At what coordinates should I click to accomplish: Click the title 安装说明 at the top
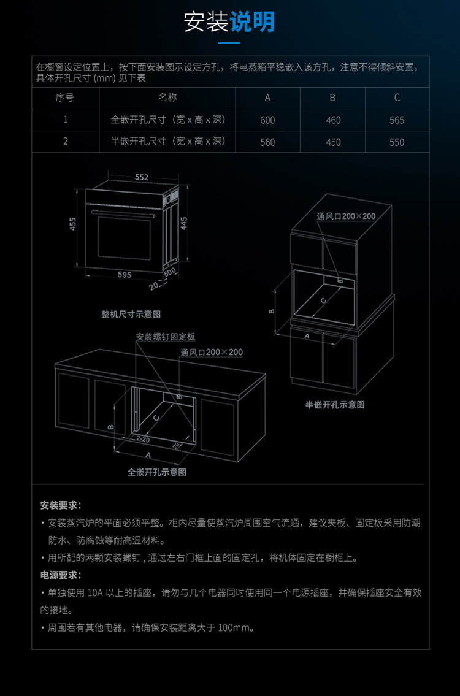[229, 22]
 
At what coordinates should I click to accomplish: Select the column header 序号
[65, 98]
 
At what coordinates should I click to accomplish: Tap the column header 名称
[167, 98]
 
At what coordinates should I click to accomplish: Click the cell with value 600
[267, 120]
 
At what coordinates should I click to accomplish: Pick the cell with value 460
[333, 120]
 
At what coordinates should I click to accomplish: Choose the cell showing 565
[397, 120]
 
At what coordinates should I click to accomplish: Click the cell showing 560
[267, 142]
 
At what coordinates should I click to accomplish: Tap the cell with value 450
[333, 142]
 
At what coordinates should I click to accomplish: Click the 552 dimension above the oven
[142, 177]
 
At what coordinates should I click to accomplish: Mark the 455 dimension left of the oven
[73, 224]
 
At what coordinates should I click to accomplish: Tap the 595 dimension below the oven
[125, 275]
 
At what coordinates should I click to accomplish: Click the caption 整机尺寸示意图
[131, 314]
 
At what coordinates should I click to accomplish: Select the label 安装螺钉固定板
[166, 337]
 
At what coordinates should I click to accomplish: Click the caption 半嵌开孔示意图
[335, 405]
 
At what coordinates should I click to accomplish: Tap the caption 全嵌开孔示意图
[157, 472]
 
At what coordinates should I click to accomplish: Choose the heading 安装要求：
[61, 506]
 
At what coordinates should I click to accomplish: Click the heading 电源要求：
[61, 576]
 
